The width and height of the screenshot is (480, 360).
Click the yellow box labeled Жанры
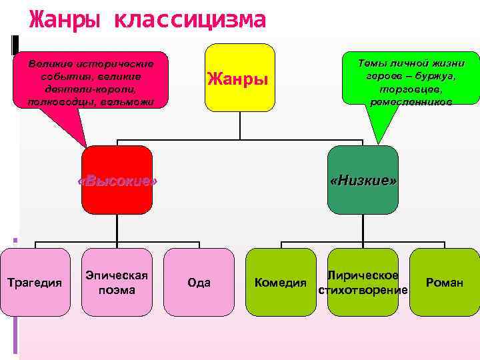pos(239,78)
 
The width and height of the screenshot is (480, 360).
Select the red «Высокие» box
pos(117,181)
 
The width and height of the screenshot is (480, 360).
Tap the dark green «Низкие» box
pos(363,181)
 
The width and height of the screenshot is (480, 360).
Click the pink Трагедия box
pos(34,282)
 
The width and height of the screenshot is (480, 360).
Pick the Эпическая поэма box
pos(117,282)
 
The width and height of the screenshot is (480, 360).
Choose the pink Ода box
pos(199,282)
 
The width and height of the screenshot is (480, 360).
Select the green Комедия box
pos(280,282)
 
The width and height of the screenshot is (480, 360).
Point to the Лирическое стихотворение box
pos(363,282)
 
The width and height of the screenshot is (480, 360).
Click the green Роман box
pos(445,282)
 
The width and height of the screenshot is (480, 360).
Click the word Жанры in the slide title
pos(65,20)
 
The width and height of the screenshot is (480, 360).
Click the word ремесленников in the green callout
pos(411,102)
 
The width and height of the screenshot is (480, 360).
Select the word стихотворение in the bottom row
pos(363,290)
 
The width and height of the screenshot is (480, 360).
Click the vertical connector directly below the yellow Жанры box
pos(239,125)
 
